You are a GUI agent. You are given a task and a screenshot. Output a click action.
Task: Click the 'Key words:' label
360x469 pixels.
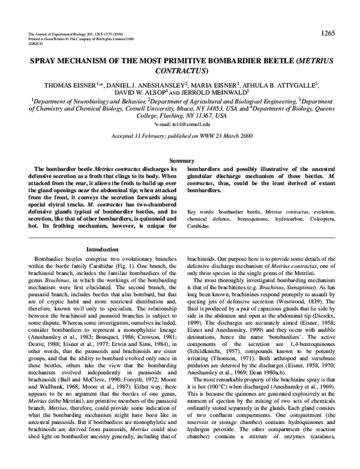click(x=200, y=213)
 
